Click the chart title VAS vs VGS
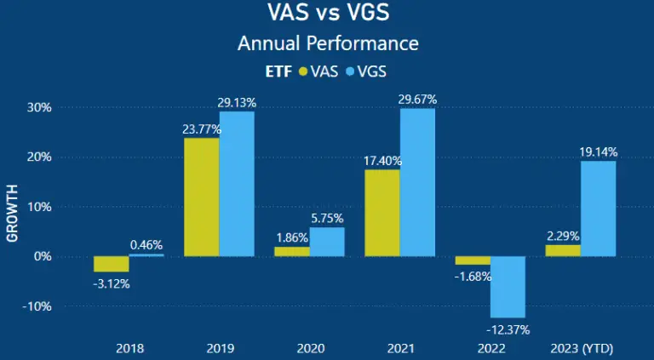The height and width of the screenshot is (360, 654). click(328, 14)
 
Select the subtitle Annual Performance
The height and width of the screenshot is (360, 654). click(328, 43)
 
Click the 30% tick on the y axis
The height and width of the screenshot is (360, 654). click(39, 108)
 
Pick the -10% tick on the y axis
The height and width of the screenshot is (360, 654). click(37, 306)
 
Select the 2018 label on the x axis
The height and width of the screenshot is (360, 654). click(129, 348)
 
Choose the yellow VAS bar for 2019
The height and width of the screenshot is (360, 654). click(201, 197)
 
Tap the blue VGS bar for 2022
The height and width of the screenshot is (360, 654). click(508, 286)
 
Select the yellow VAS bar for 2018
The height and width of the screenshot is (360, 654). click(111, 264)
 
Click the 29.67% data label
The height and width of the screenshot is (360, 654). click(417, 100)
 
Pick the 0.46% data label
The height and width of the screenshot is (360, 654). click(146, 245)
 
